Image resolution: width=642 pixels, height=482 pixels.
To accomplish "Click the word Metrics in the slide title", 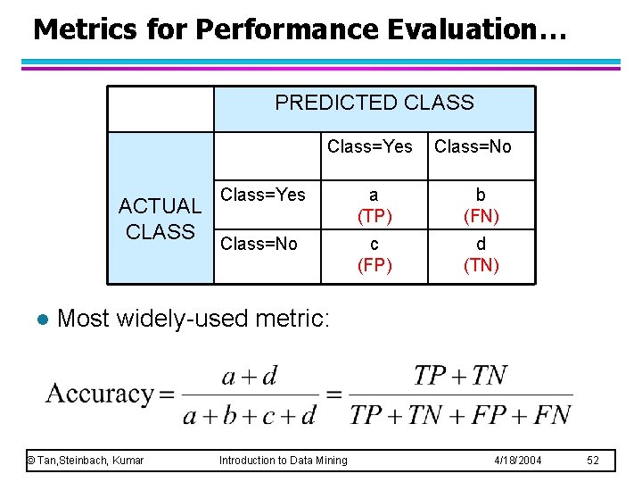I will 85,29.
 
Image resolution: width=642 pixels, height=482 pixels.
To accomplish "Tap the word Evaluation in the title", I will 477,29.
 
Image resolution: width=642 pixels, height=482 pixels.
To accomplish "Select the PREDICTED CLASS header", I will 374,103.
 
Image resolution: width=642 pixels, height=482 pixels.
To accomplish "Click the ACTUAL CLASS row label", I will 160,220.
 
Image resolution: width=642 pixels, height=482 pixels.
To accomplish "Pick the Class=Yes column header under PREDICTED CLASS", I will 370,146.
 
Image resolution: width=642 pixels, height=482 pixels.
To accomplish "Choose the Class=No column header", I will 473,146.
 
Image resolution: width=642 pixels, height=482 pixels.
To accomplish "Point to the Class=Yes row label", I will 263,195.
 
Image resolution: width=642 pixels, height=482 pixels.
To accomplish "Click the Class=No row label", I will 259,244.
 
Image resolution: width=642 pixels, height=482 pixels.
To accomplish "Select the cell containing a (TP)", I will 374,205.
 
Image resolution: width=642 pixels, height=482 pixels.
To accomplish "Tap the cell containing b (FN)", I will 481,205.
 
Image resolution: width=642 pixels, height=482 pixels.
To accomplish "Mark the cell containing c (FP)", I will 374,254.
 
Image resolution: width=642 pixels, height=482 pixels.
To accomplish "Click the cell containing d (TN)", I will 481,254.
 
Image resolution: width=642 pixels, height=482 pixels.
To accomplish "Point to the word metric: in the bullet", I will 293,318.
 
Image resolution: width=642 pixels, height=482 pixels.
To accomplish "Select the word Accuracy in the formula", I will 100,394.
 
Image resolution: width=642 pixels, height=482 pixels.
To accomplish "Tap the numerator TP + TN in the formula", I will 460,376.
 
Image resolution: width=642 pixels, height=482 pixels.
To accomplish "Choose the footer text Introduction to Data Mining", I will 284,460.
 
